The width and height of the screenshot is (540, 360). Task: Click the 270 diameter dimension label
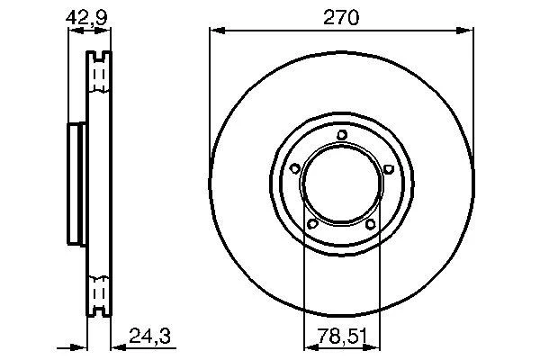341,18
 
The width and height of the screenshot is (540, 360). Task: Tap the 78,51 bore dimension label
342,336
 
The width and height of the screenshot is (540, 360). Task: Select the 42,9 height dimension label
86,18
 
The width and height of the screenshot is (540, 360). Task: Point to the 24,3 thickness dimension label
149,336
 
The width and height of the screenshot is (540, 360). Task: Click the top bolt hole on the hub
342,135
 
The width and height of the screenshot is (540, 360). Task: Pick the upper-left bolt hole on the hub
295,168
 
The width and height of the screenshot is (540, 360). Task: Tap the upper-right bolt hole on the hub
389,168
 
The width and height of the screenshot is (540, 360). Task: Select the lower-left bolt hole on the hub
312,224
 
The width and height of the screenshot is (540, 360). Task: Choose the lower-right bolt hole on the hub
371,224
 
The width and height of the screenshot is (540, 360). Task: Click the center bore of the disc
342,184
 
